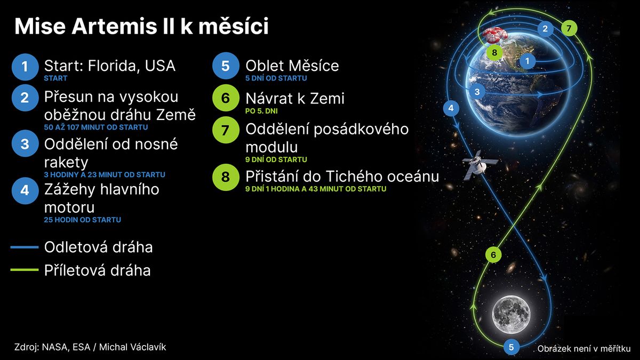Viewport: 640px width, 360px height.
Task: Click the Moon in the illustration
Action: tap(511, 315)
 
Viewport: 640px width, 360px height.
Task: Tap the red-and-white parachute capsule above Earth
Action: tap(495, 36)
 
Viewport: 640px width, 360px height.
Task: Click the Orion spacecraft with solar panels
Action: tap(479, 165)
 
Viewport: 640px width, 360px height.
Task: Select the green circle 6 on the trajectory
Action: tap(493, 254)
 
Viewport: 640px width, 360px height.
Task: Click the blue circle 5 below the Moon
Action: tap(511, 347)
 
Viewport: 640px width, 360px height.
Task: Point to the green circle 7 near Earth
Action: tap(569, 28)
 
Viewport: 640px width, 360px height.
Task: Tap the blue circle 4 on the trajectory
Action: tap(451, 108)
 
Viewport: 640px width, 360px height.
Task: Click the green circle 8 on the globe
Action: tap(494, 53)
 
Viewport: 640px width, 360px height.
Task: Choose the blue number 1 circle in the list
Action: tap(25, 67)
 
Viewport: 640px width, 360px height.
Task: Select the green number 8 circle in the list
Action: tap(226, 177)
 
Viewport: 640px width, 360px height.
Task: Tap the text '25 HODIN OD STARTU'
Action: tap(82, 220)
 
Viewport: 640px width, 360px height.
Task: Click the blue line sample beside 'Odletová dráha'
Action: tap(25, 247)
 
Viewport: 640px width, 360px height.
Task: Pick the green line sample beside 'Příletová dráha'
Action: tap(25, 270)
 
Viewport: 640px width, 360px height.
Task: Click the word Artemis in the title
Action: tap(114, 26)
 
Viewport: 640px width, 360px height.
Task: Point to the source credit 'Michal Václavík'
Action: tap(133, 347)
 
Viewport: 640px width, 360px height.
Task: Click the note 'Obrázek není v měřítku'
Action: tap(584, 349)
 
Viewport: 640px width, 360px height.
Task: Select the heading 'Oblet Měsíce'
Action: tap(292, 66)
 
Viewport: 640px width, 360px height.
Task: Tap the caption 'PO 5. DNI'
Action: tap(261, 111)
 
